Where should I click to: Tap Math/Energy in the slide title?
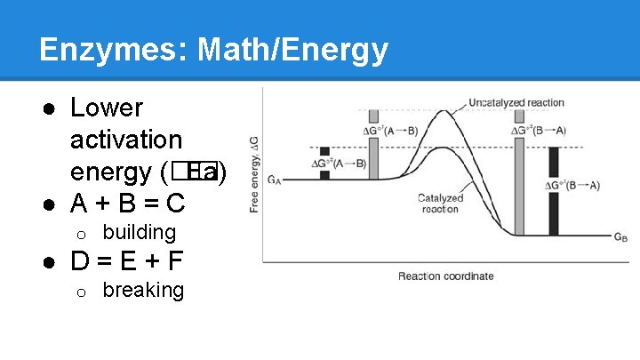[293, 50]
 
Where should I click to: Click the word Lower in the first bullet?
[107, 108]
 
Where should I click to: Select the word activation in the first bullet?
[126, 140]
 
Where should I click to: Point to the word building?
[140, 233]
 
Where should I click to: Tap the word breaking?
[143, 291]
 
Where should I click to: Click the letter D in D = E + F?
[80, 262]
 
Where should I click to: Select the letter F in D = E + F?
[175, 262]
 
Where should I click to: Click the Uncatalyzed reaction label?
[516, 103]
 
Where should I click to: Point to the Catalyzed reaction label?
[440, 204]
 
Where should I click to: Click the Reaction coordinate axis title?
[445, 276]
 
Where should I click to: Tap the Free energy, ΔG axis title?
[256, 174]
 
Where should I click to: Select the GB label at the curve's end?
[620, 237]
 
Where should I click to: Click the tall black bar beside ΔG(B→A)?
[554, 190]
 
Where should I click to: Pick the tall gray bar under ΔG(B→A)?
[519, 172]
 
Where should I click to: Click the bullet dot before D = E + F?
[51, 263]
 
